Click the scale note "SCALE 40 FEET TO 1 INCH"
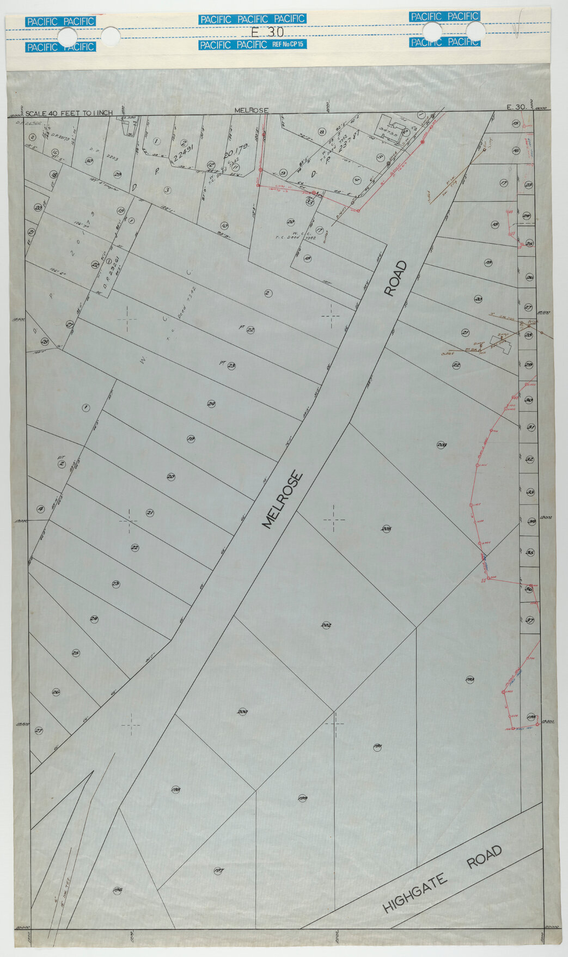click(x=69, y=113)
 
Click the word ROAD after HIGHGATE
click(x=484, y=857)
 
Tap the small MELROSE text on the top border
click(x=251, y=111)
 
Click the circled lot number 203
click(x=442, y=445)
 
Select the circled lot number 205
click(x=386, y=528)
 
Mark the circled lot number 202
click(x=327, y=625)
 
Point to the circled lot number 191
click(x=377, y=746)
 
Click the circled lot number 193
click(x=470, y=679)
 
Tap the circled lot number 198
click(x=175, y=789)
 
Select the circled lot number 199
click(x=303, y=798)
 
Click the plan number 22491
click(x=184, y=155)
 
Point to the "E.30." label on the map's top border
click(x=516, y=107)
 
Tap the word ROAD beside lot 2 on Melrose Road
click(x=396, y=278)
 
